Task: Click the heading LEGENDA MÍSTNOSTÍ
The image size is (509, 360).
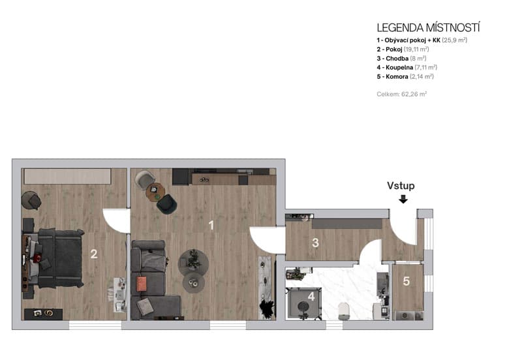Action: (x=428, y=27)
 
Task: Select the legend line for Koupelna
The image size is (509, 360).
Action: (x=406, y=67)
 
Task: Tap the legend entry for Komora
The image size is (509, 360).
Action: (x=405, y=76)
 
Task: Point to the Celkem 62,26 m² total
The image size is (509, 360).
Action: (x=401, y=94)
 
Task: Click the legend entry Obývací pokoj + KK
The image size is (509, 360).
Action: (x=422, y=40)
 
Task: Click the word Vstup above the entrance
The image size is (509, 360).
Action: (x=401, y=186)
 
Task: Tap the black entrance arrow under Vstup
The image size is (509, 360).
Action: (x=403, y=199)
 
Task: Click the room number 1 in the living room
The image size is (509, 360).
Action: (x=211, y=226)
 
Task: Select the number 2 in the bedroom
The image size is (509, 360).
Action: (x=94, y=254)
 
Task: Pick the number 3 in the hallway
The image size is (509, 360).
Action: (x=315, y=243)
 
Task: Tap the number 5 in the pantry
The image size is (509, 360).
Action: (x=406, y=282)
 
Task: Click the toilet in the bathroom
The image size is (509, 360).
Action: (x=343, y=311)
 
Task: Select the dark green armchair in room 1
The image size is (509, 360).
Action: (x=167, y=203)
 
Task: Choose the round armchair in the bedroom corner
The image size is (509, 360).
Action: (x=31, y=200)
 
